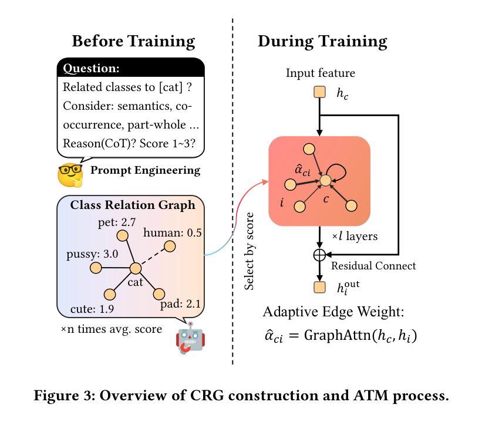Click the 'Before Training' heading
tap(133, 42)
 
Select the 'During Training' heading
tap(322, 42)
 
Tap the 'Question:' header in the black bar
tap(91, 68)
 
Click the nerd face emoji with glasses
tap(70, 174)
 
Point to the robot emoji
tap(190, 338)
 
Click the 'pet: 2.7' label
tap(117, 222)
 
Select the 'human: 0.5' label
tap(173, 232)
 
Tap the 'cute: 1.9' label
tap(92, 309)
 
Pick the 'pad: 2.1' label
tap(180, 304)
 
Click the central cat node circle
tap(135, 268)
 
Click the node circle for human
tap(170, 246)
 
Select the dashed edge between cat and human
tap(153, 257)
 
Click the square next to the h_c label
tap(320, 92)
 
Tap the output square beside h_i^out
tap(320, 287)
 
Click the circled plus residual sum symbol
tap(319, 255)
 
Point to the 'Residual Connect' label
tap(373, 265)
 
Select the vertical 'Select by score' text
tap(249, 251)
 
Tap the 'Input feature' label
tap(321, 73)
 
